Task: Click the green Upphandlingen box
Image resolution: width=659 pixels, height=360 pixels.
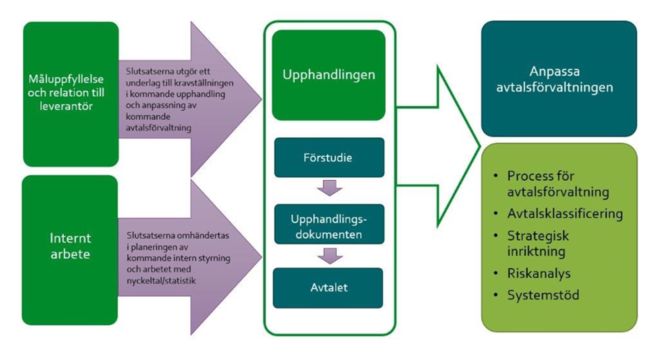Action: tap(329, 75)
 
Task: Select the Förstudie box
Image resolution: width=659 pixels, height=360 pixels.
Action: tap(329, 158)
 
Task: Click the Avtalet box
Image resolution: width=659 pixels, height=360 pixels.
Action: tap(329, 288)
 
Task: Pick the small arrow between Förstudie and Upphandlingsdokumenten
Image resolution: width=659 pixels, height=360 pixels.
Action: tap(329, 187)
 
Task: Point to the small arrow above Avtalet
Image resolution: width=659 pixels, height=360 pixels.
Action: tap(329, 255)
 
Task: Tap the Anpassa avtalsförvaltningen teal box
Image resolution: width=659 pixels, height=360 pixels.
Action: tap(559, 79)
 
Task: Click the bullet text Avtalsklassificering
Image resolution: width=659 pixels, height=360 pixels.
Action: tap(565, 213)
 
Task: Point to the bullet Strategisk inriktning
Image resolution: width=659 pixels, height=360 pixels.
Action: tap(537, 243)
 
